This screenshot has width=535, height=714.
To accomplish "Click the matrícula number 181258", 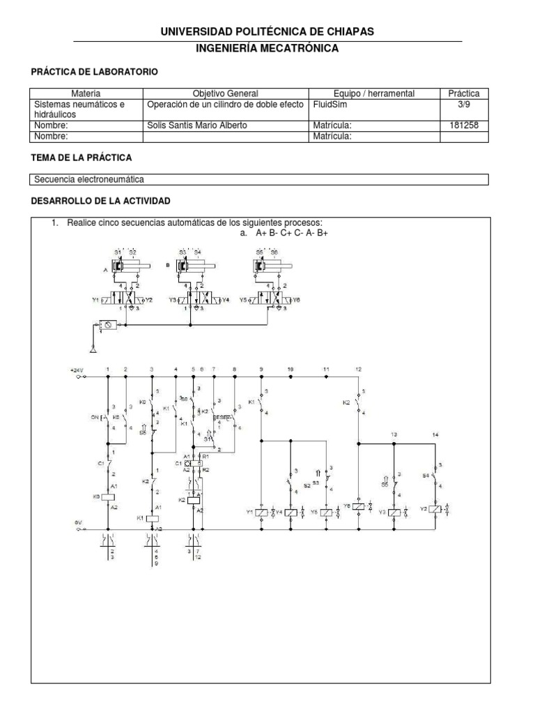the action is tap(464, 126).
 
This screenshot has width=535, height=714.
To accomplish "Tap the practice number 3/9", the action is tap(464, 104).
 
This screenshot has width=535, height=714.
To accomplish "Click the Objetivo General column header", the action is tap(225, 93).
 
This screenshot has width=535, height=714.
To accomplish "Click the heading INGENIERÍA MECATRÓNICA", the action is tap(267, 48).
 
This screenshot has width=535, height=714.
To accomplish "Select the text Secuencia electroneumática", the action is tap(89, 179).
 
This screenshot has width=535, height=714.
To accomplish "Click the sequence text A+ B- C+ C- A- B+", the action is tap(286, 233).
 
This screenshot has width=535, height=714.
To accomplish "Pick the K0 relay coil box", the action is tap(107, 497).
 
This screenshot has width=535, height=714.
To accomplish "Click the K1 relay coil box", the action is tap(153, 518).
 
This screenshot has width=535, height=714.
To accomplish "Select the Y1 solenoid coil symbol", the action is tap(261, 512).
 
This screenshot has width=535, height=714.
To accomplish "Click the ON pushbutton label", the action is tap(95, 418).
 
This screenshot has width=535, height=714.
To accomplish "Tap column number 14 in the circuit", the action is tap(436, 434).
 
